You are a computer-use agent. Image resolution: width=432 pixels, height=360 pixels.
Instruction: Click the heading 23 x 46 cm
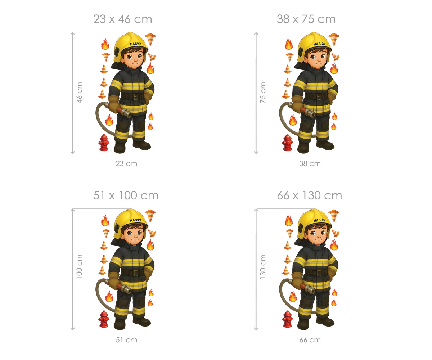pos(122,19)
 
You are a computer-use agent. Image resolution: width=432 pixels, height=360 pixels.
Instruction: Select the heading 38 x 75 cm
pos(306,19)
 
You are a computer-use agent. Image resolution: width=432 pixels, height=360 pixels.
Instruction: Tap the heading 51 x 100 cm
pos(126,195)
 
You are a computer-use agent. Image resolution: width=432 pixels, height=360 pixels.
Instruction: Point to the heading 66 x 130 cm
pos(309,195)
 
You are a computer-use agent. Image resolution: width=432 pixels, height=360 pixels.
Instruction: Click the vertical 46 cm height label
pos(80,93)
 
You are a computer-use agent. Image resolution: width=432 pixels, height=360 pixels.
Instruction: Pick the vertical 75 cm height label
pos(263,93)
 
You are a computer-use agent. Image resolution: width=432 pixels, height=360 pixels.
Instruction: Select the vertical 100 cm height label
pos(79,266)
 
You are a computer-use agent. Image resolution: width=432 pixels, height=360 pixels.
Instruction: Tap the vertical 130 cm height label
pos(263,266)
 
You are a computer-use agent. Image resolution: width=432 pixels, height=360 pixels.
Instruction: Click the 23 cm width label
pos(126,163)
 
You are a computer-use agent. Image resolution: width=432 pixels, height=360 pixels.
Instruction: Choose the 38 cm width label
pos(310,163)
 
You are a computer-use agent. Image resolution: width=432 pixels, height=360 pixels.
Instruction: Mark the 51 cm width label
pos(126,340)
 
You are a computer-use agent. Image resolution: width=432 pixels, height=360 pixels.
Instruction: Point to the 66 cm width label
pos(310,340)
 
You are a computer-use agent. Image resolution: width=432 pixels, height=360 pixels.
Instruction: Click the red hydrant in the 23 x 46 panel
pos(104,143)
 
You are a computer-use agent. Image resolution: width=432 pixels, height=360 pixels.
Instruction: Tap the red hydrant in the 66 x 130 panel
pos(287,319)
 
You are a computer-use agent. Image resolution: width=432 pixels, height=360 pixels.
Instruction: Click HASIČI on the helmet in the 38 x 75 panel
pos(319,44)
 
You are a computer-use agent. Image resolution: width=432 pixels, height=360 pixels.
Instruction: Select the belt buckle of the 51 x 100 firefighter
pos(135,273)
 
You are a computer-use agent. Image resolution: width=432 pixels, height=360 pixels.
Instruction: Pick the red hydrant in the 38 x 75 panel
pos(287,143)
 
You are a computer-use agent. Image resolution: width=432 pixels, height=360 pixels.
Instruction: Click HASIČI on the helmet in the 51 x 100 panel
pos(135,220)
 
